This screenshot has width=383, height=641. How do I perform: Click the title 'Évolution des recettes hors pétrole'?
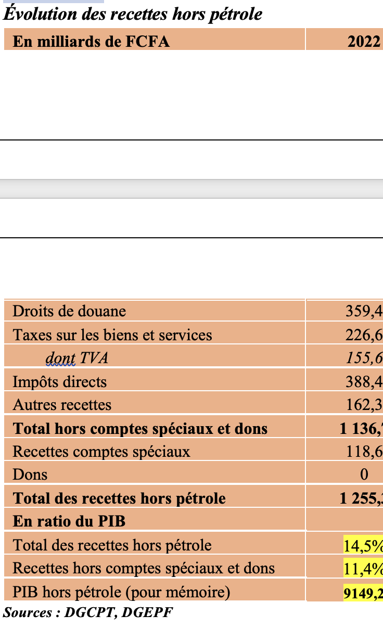click(x=133, y=14)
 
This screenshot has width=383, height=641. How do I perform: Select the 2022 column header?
click(x=364, y=41)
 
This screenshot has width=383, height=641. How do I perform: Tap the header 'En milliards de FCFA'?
click(x=91, y=41)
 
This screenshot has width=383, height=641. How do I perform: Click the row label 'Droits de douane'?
click(x=69, y=311)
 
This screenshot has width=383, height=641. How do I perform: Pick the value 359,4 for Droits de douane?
click(x=364, y=311)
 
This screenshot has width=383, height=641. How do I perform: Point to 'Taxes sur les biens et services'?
click(x=112, y=335)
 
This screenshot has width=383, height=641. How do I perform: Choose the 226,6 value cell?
click(x=364, y=335)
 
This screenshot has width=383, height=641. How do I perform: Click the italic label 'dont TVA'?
click(x=77, y=358)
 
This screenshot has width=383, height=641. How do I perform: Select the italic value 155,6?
click(x=364, y=358)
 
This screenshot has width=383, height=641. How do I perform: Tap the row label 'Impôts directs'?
click(x=59, y=381)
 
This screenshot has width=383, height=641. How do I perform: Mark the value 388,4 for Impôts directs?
click(x=364, y=381)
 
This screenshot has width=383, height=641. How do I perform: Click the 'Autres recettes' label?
click(x=62, y=405)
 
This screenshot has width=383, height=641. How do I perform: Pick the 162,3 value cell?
click(x=364, y=405)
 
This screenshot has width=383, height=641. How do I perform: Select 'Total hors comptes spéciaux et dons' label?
click(x=140, y=428)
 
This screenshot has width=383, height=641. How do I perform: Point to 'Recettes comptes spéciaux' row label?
click(x=101, y=451)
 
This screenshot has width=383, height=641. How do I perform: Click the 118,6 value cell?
click(x=364, y=451)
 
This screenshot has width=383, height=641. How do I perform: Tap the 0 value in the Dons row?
click(x=364, y=475)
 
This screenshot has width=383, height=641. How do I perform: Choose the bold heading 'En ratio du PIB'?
click(x=69, y=521)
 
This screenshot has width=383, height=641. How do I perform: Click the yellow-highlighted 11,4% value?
click(x=363, y=568)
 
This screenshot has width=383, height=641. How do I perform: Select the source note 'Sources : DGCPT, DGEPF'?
click(x=88, y=612)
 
